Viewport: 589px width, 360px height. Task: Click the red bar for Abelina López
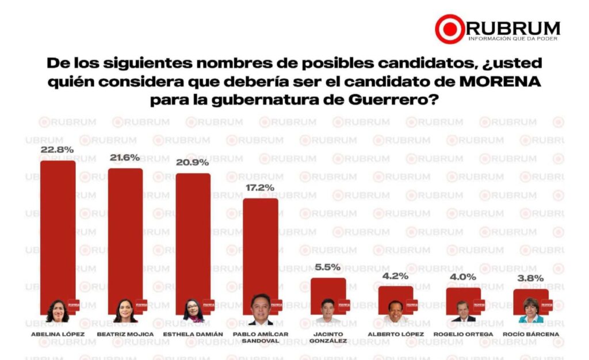tap(58, 230)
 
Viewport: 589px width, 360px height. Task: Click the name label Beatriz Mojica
tap(125, 334)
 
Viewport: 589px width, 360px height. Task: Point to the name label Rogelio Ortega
tap(464, 334)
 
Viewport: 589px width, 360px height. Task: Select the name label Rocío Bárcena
tap(531, 334)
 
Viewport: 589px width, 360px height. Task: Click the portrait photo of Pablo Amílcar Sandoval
tap(261, 310)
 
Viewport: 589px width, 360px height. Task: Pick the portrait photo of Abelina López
tap(58, 311)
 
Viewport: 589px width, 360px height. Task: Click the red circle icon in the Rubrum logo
tap(450, 29)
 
